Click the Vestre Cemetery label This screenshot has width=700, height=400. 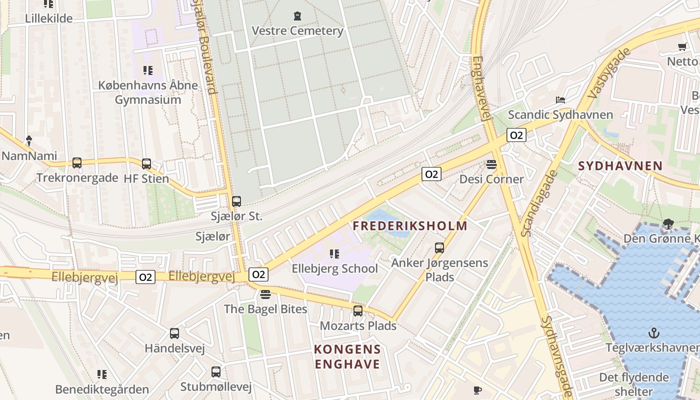click(297, 31)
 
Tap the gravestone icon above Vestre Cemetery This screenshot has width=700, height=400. click(298, 16)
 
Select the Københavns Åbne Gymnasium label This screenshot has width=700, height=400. click(148, 92)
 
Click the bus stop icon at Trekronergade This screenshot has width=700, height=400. click(77, 163)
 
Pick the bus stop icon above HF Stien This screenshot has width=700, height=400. click(146, 163)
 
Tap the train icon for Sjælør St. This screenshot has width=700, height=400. click(236, 201)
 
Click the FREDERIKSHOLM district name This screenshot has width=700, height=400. click(410, 226)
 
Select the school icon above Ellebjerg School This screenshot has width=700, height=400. click(335, 254)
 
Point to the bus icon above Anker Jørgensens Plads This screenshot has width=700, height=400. click(439, 247)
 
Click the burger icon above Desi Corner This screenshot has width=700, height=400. click(491, 164)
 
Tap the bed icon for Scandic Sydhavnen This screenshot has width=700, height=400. click(560, 100)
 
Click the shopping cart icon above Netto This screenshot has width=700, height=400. click(682, 47)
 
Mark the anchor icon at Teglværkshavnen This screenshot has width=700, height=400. click(653, 332)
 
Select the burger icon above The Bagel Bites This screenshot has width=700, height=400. click(265, 294)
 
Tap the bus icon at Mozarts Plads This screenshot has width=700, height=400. click(358, 311)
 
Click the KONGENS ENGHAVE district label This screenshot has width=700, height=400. click(347, 356)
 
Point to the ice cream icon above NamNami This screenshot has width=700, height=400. click(29, 140)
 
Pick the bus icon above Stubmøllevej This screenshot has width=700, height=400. click(216, 372)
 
